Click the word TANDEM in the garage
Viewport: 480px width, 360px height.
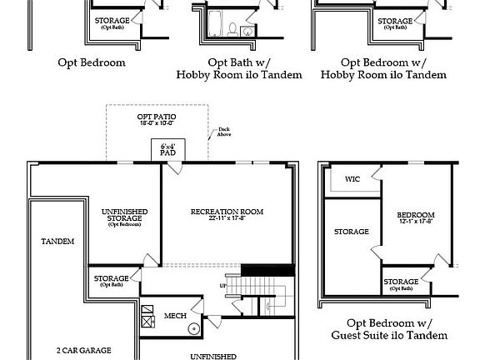tap(57, 241)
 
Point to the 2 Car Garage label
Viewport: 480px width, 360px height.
tap(83, 350)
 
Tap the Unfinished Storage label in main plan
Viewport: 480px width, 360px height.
tap(126, 216)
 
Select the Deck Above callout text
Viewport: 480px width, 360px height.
tap(224, 132)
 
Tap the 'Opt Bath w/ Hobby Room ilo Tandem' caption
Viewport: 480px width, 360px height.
tap(228, 68)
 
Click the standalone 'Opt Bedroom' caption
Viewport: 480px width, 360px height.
tap(92, 62)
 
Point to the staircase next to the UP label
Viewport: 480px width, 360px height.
tap(255, 291)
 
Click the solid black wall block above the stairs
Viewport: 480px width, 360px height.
tap(267, 270)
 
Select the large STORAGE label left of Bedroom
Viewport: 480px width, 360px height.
tap(351, 231)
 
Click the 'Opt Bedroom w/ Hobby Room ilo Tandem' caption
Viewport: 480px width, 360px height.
tap(383, 68)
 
